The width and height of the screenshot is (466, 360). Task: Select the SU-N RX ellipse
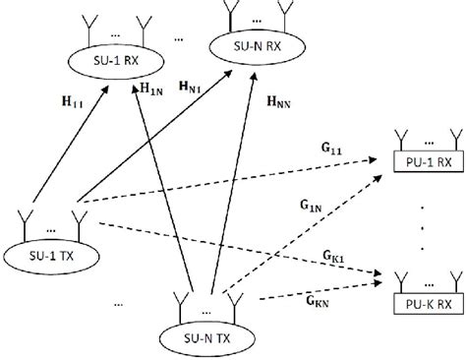tap(257, 45)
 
